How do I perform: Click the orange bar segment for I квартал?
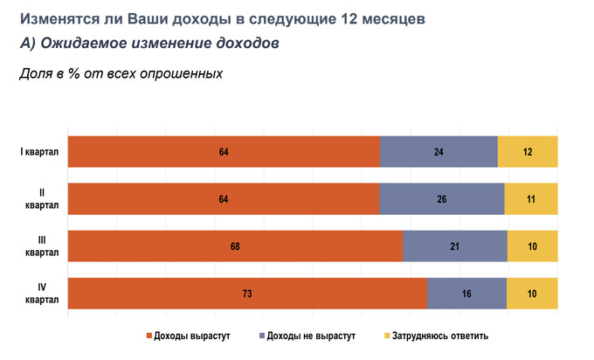tap(224, 152)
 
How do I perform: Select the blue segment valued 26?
tap(441, 199)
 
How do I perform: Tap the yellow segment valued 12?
tap(528, 152)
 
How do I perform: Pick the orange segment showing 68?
tap(235, 246)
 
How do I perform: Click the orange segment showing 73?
tap(247, 294)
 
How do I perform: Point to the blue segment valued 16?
tap(466, 294)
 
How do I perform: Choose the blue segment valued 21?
tap(454, 246)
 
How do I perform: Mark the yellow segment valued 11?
tap(531, 199)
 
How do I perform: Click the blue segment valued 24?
tap(439, 152)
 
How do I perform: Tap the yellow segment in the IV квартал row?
tap(532, 294)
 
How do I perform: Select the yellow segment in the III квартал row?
tap(532, 246)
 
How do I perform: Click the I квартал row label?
tap(38, 152)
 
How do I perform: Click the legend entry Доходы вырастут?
tap(187, 336)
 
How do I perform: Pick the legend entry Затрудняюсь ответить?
tap(436, 336)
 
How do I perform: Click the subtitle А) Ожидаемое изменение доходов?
tap(148, 44)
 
